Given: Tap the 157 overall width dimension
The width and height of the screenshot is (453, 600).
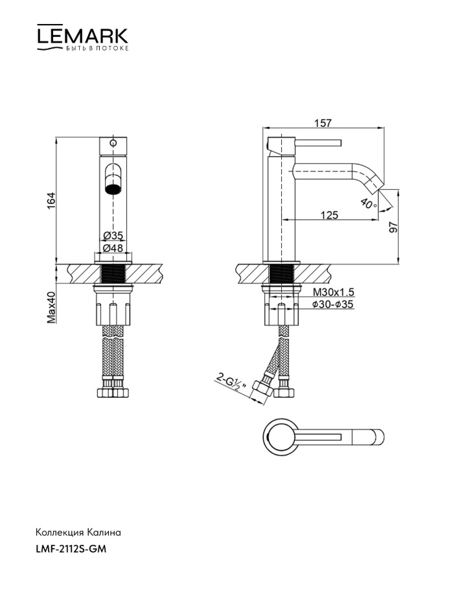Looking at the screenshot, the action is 323,123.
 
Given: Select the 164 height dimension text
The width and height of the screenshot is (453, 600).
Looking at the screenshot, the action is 51,200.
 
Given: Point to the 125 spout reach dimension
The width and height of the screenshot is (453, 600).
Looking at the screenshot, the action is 329,215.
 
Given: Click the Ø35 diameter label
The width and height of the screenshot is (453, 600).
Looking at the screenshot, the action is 113,236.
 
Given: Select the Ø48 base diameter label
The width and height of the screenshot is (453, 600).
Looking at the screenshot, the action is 113,248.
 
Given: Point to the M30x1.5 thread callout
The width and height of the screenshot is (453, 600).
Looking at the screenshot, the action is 334,292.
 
